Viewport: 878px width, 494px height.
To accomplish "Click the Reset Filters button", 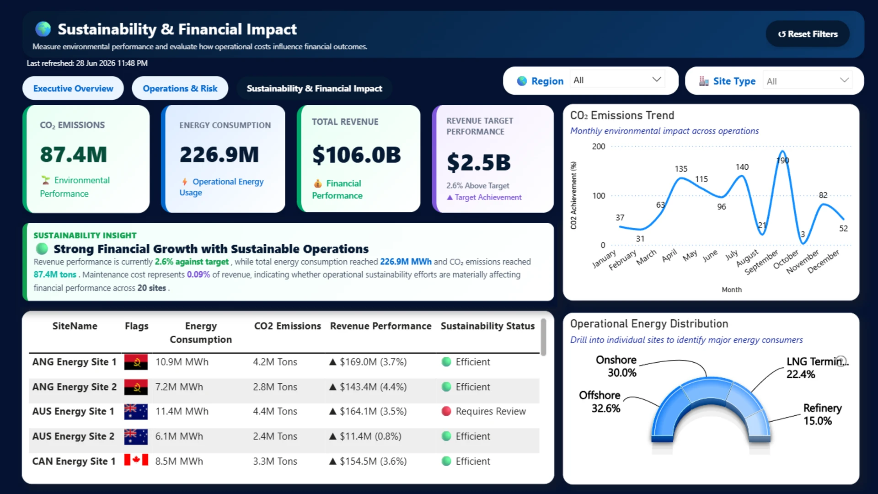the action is (x=808, y=34).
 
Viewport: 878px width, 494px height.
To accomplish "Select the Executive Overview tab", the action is (x=73, y=88).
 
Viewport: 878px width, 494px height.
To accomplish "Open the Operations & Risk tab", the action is (x=180, y=88).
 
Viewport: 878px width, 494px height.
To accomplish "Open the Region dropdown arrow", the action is (x=657, y=80).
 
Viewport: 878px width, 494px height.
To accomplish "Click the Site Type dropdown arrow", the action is (x=844, y=81).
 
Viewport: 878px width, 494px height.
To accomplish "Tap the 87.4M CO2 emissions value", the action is (x=73, y=155).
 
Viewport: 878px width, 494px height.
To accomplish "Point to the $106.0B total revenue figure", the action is (x=356, y=155).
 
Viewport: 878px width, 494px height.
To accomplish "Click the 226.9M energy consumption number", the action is (x=219, y=155).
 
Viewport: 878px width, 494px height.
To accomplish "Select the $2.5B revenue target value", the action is (x=478, y=162).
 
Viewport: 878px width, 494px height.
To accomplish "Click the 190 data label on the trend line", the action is (x=783, y=161).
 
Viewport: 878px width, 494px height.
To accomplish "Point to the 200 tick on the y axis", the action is (x=599, y=146).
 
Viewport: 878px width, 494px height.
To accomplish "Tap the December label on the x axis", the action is (x=824, y=262).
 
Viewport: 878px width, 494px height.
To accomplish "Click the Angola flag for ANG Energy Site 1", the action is (x=136, y=362).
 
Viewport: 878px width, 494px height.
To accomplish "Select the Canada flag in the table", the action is (x=136, y=460).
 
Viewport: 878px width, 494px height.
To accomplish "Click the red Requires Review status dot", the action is (x=446, y=411).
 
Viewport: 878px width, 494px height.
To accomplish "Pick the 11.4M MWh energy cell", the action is (x=182, y=411).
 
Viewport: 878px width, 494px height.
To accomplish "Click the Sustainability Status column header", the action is (x=487, y=326).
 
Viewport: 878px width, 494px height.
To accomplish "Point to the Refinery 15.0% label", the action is (x=823, y=414).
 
